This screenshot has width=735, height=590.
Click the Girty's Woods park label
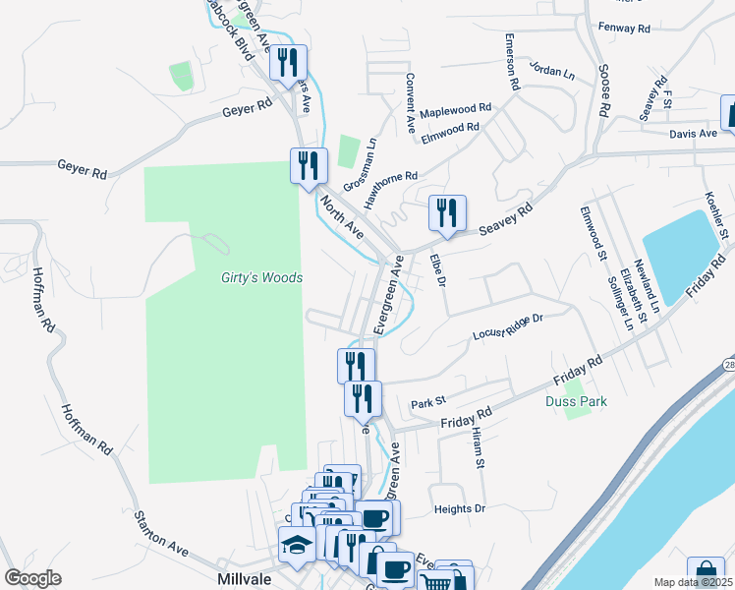tap(260, 278)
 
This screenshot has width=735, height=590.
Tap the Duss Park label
tap(576, 401)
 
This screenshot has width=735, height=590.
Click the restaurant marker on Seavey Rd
tap(447, 213)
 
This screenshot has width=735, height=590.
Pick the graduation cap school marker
tap(296, 542)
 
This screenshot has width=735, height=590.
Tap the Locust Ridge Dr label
tap(508, 326)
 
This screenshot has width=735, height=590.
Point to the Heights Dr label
tap(460, 509)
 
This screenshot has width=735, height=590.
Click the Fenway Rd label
tap(624, 29)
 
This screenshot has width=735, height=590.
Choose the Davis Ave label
tap(694, 134)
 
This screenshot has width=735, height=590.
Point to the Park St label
tap(428, 402)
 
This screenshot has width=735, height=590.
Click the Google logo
tap(33, 579)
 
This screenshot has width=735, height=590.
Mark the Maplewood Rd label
tap(455, 109)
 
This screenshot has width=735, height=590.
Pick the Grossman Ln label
tap(361, 164)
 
